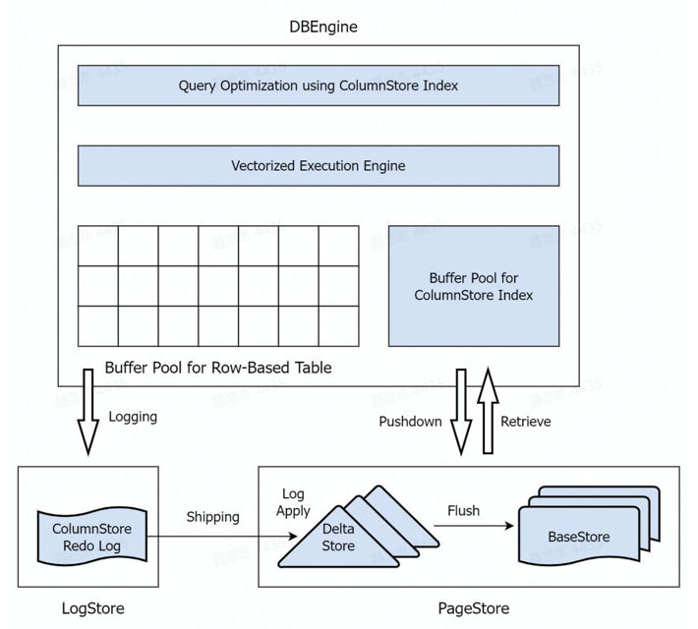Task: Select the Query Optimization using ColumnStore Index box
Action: (319, 86)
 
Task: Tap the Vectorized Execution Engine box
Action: (319, 165)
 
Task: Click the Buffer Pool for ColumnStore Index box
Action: (474, 286)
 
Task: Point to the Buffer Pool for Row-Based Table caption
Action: (218, 369)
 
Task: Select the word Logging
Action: (133, 416)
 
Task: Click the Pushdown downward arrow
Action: (459, 411)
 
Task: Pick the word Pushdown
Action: (411, 422)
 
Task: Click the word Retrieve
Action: (526, 422)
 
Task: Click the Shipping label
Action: (212, 517)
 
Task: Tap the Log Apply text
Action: (295, 502)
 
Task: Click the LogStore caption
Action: (93, 607)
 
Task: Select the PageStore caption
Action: (474, 607)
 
